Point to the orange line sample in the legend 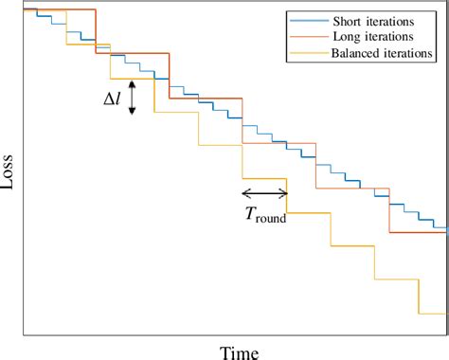tap(307, 37)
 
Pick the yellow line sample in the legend tap(307, 53)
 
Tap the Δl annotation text tap(114, 97)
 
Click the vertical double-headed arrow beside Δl tap(133, 98)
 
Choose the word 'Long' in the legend tap(347, 37)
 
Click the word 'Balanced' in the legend tap(358, 53)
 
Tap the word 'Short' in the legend tap(348, 21)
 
